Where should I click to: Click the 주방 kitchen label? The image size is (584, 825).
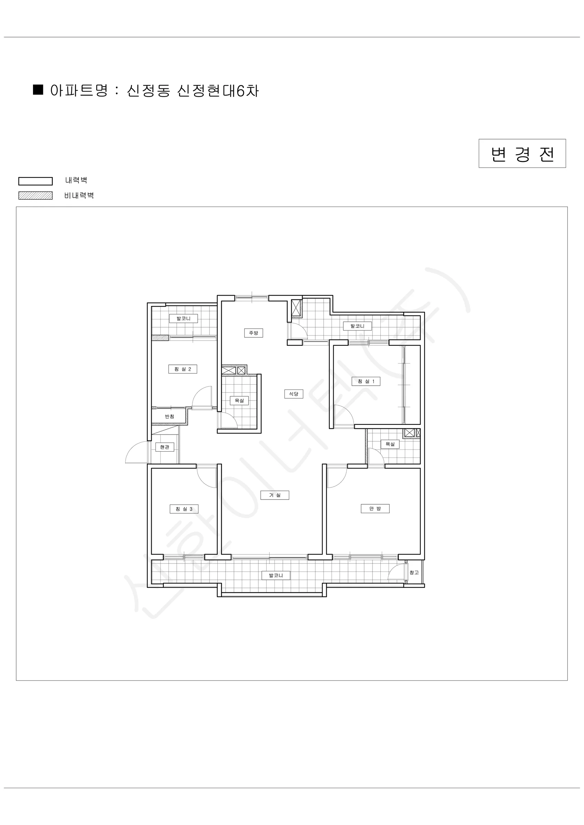[253, 333]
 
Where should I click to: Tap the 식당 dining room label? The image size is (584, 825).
[294, 394]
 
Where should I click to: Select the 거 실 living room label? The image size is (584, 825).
[275, 495]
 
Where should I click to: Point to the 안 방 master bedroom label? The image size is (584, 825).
[375, 508]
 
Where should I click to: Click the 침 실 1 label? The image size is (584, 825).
[366, 381]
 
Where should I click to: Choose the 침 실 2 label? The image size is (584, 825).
[183, 369]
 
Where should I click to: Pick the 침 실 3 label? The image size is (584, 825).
[184, 509]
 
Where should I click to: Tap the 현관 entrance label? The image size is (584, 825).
[165, 447]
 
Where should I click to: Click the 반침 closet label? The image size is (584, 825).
[169, 416]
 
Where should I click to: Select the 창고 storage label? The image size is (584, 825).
[414, 572]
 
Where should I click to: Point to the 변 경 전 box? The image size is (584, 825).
[522, 153]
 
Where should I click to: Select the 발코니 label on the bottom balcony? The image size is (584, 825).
[276, 575]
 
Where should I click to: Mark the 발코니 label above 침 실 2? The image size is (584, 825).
[183, 318]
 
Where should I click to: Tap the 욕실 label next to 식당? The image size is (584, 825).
[239, 400]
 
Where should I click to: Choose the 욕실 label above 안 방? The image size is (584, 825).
[390, 444]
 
